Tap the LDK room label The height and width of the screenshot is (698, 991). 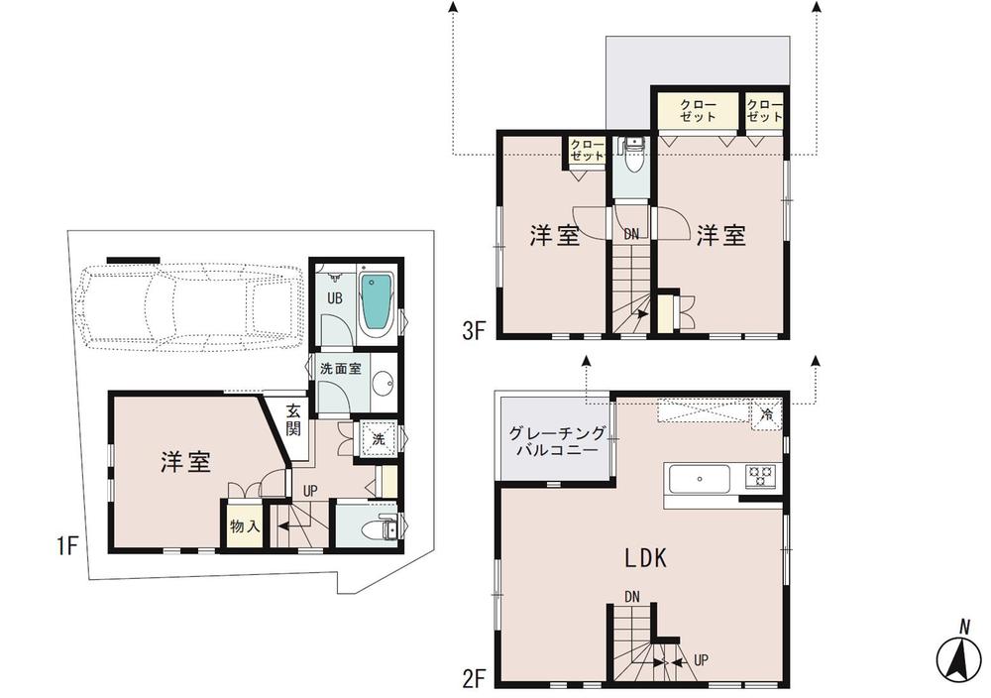click(644, 558)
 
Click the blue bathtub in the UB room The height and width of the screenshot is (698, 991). click(376, 301)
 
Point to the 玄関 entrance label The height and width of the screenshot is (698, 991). click(294, 419)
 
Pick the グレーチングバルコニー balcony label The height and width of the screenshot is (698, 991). click(554, 441)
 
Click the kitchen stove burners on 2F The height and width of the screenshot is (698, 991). click(762, 475)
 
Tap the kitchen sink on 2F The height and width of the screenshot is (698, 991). click(700, 479)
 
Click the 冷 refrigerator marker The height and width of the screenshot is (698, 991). click(766, 413)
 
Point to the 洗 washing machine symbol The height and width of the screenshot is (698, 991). click(378, 437)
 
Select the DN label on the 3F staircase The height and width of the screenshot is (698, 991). click(631, 234)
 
